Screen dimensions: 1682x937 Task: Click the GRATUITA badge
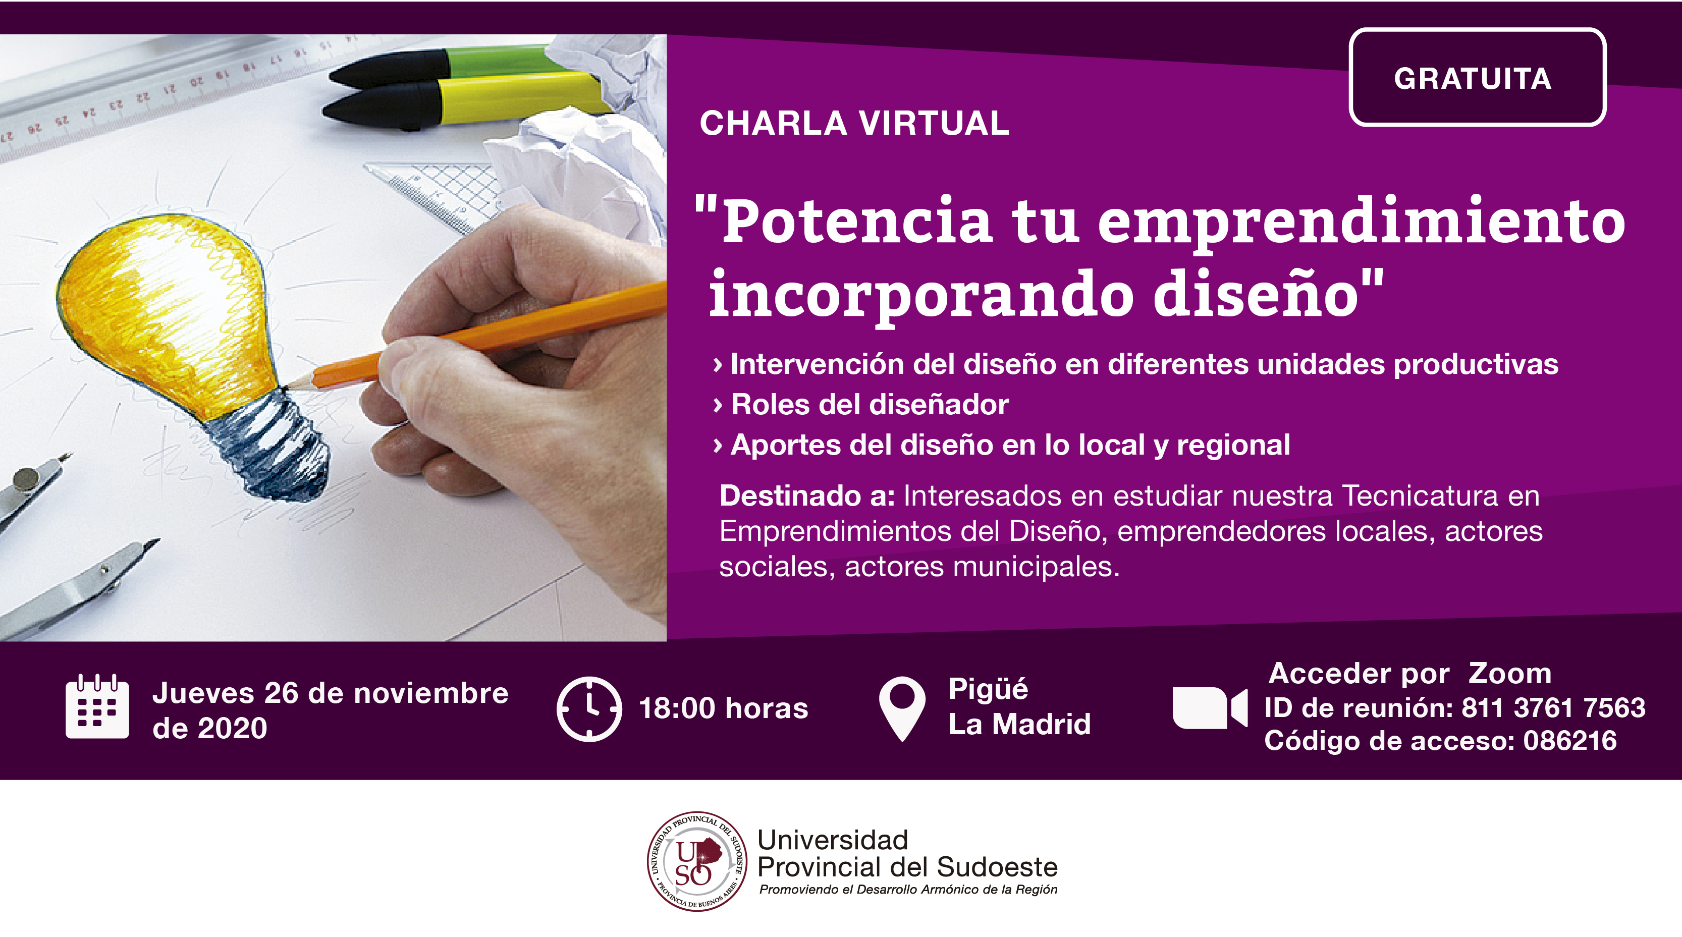coord(1477,77)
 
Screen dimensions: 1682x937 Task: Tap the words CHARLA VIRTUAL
coord(854,124)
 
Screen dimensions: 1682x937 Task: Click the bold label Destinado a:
coord(807,495)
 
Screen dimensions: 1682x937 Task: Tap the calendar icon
coord(97,706)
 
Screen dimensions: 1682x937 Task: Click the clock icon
coord(589,709)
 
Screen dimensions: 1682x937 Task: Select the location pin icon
coord(902,709)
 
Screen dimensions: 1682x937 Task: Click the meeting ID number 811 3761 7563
coord(1553,708)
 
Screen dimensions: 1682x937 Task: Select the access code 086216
coord(1569,740)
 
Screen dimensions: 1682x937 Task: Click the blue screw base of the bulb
coord(267,444)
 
